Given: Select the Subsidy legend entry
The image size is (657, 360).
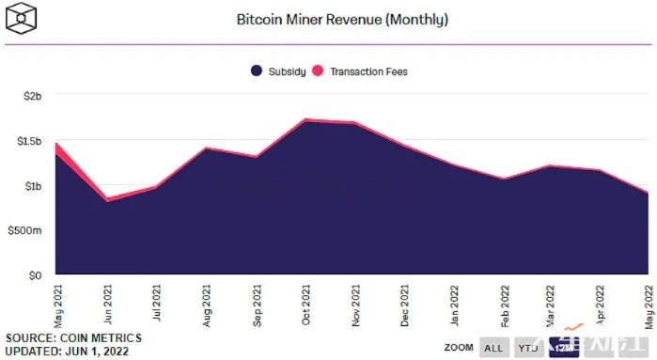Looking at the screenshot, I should click(x=279, y=70).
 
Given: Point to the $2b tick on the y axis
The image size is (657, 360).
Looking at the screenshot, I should click(x=32, y=97).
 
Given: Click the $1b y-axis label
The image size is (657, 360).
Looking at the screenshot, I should click(x=32, y=186).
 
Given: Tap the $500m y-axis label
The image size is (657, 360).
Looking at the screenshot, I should click(x=24, y=230).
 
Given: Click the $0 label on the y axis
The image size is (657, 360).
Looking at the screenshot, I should click(x=34, y=275).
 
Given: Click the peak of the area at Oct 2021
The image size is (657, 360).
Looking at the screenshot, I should click(x=305, y=120).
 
